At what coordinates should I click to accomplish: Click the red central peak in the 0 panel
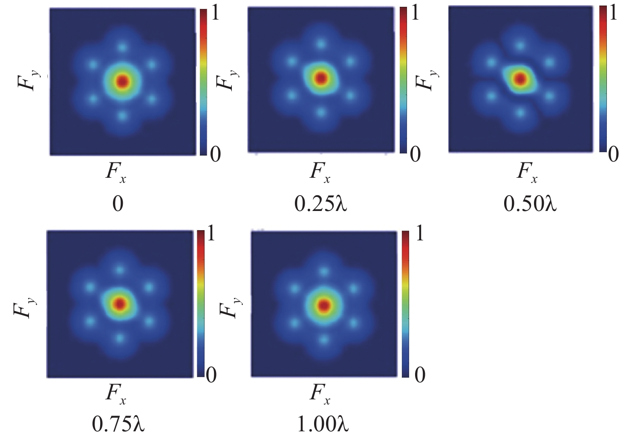123,81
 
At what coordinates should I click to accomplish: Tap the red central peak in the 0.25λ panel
321,78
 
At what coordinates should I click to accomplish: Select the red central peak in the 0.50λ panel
520,78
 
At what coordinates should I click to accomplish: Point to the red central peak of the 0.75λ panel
120,304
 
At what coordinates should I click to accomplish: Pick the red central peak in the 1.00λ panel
324,305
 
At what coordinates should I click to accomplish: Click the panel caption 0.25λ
321,204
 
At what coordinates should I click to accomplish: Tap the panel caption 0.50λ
530,204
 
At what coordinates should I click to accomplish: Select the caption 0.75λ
118,424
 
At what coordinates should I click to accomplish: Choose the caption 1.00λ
323,424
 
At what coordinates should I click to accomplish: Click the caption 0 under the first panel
118,204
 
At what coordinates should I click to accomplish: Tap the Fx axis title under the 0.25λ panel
320,172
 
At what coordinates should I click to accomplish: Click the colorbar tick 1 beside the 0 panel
215,14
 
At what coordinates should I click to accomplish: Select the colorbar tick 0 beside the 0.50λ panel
613,154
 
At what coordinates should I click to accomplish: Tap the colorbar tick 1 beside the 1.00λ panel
419,234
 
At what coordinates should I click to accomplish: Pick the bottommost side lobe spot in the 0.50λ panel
520,113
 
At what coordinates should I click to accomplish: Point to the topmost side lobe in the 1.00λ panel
324,271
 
